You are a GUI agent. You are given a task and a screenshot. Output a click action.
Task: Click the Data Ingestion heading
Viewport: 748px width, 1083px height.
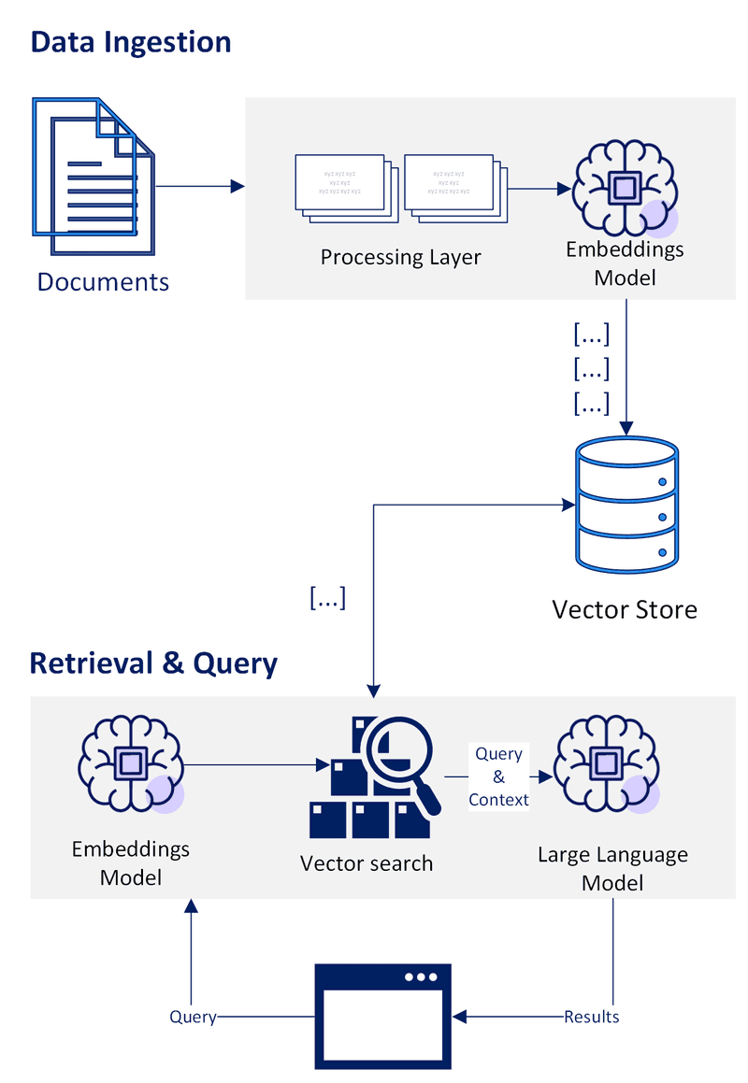pos(131,42)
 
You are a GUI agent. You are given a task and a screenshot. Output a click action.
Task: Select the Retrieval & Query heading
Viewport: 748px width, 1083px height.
pos(153,663)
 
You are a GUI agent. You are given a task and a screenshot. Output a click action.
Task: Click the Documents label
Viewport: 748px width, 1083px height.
pos(103,281)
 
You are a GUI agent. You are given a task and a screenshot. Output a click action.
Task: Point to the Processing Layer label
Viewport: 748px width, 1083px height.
pos(400,257)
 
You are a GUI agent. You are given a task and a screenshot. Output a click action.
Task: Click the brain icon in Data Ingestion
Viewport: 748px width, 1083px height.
pos(625,188)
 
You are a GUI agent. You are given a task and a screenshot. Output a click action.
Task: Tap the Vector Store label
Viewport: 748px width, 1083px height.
pos(625,610)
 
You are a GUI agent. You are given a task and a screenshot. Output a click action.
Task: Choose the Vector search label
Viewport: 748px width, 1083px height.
pos(367,863)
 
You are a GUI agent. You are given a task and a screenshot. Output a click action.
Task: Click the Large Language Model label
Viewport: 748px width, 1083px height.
pos(612,868)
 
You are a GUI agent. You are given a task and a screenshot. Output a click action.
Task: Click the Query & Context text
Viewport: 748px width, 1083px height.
pos(498,777)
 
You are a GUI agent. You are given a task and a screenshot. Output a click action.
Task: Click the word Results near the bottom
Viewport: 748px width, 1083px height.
pos(591,1017)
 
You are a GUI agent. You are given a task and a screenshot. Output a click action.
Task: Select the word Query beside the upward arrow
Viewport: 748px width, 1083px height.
pos(193,1017)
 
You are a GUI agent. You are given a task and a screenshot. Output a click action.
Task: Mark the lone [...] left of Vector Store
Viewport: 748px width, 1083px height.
pos(326,599)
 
